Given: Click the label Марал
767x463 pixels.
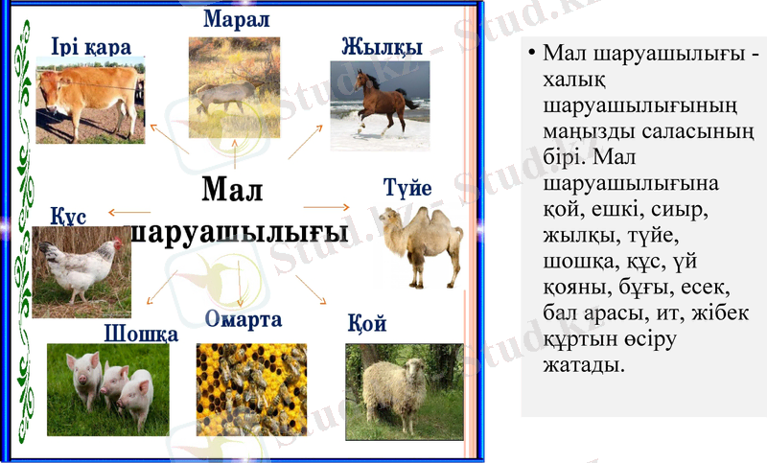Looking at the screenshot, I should [237, 19].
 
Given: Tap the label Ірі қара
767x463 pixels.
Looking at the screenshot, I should [91, 46].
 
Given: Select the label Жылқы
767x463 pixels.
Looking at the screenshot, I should [382, 46].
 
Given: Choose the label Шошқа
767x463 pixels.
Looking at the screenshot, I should [141, 334].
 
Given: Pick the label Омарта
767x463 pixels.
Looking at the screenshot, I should [244, 319].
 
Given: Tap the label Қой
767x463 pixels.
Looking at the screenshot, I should [367, 324].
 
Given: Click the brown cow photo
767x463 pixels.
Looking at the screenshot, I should [90, 101].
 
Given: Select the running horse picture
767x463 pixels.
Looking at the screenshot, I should [380, 105].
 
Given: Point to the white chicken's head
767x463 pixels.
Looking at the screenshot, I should [114, 246].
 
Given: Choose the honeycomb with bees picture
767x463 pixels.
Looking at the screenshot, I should [251, 389].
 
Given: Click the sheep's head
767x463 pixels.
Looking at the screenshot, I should [412, 372].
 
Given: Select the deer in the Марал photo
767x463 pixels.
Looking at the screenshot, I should [230, 92].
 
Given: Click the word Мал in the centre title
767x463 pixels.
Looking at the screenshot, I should [233, 190].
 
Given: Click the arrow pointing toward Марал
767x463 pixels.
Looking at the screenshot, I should [237, 149].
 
